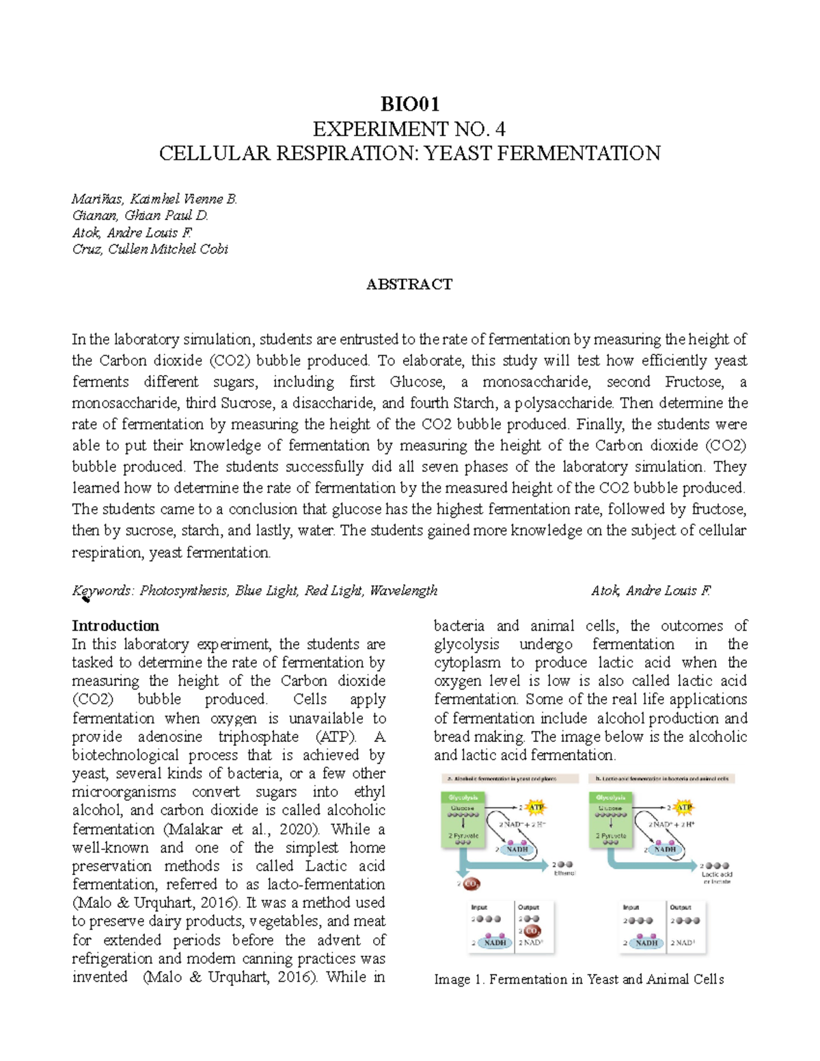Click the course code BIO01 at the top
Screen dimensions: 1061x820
click(409, 105)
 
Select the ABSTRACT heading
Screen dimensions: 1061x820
click(409, 284)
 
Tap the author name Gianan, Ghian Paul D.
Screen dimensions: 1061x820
click(140, 215)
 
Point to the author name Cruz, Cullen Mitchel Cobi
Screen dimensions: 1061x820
click(150, 249)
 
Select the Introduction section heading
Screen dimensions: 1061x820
click(115, 626)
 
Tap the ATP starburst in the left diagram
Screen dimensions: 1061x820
click(536, 808)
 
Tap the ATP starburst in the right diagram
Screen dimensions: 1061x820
click(684, 808)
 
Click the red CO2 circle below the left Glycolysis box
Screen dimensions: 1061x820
click(471, 884)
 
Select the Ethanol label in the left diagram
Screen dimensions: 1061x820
click(564, 873)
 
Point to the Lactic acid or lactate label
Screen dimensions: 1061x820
click(717, 877)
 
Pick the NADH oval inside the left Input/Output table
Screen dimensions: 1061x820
click(495, 942)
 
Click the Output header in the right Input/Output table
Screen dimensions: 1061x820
click(680, 907)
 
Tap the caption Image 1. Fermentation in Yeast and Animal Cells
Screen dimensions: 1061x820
click(579, 980)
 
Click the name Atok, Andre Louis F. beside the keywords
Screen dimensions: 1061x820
click(651, 590)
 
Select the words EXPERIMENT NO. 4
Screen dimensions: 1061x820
click(409, 129)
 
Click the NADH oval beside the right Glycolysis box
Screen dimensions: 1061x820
click(664, 849)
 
